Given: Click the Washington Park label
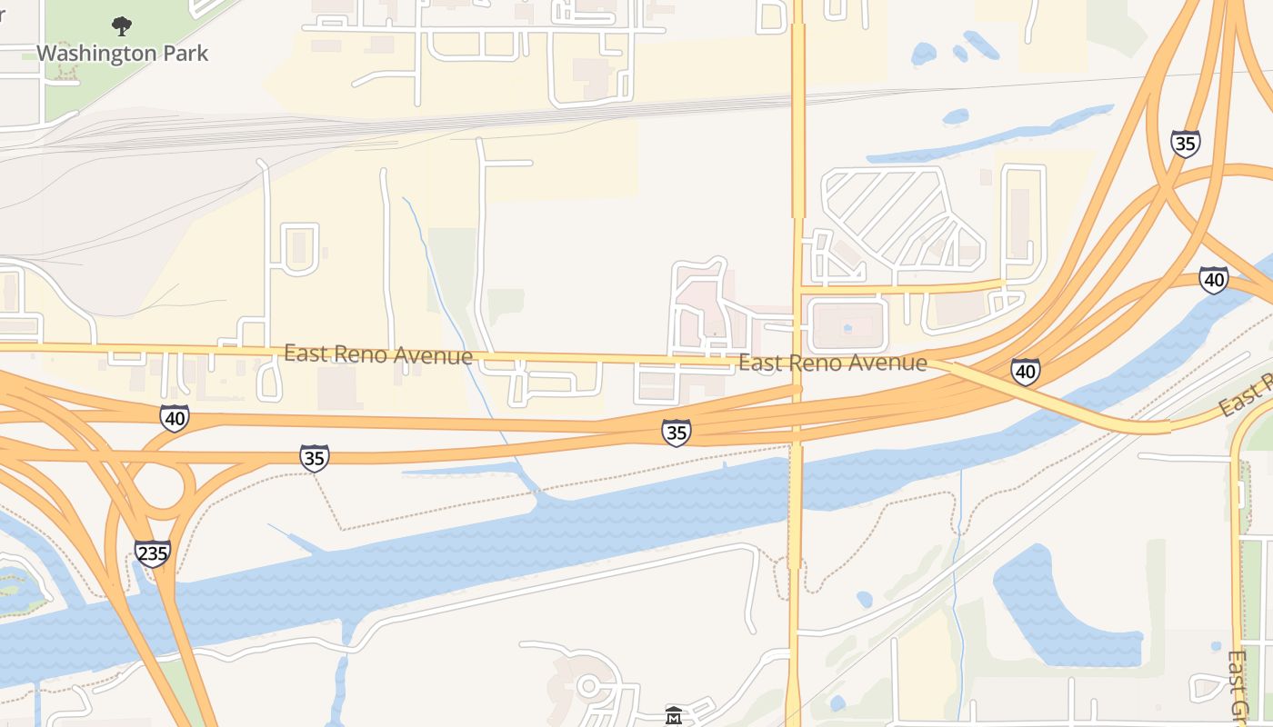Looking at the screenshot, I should click(122, 54).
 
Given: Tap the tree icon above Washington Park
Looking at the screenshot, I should click(121, 26).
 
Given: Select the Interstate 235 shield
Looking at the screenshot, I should click(152, 553).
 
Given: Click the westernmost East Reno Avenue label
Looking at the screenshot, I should click(377, 354).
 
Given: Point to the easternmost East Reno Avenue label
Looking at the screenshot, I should click(832, 363).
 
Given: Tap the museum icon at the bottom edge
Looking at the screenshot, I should click(674, 716).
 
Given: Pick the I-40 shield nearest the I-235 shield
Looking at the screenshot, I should click(175, 418).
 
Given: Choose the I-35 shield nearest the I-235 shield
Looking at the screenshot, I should click(314, 458).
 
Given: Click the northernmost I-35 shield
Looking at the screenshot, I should click(1185, 144).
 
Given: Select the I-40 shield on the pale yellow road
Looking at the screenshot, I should click(1025, 371).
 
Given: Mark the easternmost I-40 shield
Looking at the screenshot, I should click(1213, 280).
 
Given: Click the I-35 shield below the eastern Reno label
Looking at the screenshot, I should click(676, 433).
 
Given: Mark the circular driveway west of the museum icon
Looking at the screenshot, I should click(591, 686).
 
